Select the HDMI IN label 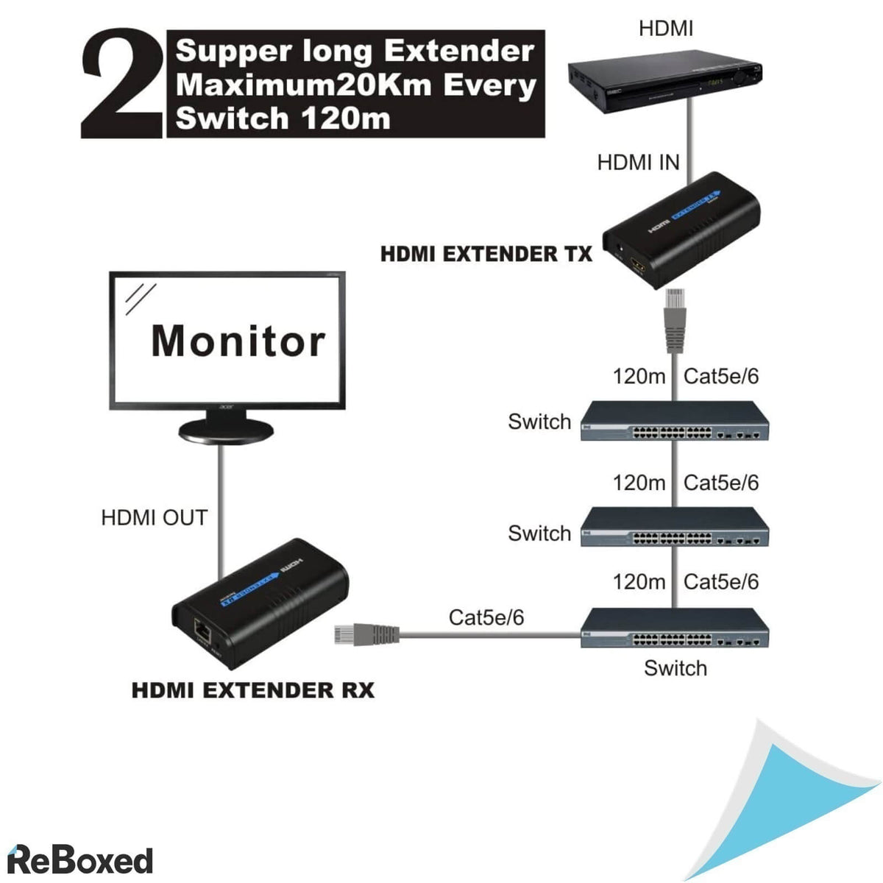coord(638,163)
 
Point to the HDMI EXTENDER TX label coord(486,255)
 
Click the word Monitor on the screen coord(238,341)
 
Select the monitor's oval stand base coord(225,431)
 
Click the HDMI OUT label coord(154,518)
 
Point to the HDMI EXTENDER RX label coord(252,691)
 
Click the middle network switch coord(674,528)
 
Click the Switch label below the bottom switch coord(675,668)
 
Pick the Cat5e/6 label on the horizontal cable coord(486,617)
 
